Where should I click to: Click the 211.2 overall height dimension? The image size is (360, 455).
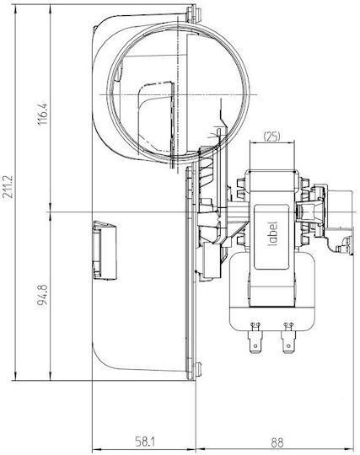8,186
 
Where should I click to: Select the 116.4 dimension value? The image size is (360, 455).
43,114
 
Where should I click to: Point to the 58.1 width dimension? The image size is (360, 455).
145,442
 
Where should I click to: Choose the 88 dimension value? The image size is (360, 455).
277,443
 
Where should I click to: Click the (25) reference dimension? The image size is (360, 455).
271,136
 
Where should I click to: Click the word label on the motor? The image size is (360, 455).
272,233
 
